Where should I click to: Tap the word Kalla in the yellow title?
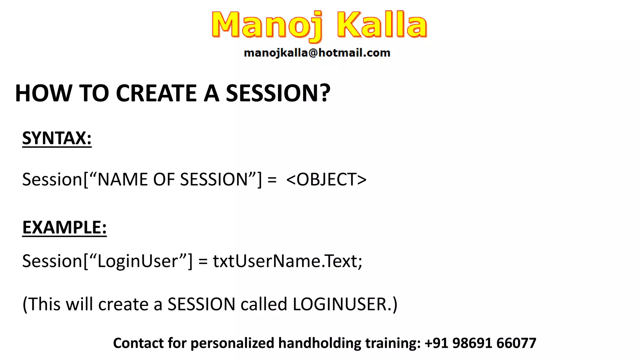tap(382, 25)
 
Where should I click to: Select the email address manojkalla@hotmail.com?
tap(317, 53)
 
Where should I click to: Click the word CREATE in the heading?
tap(156, 93)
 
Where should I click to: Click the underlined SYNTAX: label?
tap(57, 138)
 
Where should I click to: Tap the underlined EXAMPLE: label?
tap(64, 227)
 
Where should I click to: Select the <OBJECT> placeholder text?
tap(326, 179)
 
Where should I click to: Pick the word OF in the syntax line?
tap(163, 179)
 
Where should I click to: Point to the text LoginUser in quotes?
tap(138, 261)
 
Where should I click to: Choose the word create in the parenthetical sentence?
tap(123, 304)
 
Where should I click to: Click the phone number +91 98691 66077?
tap(480, 343)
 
